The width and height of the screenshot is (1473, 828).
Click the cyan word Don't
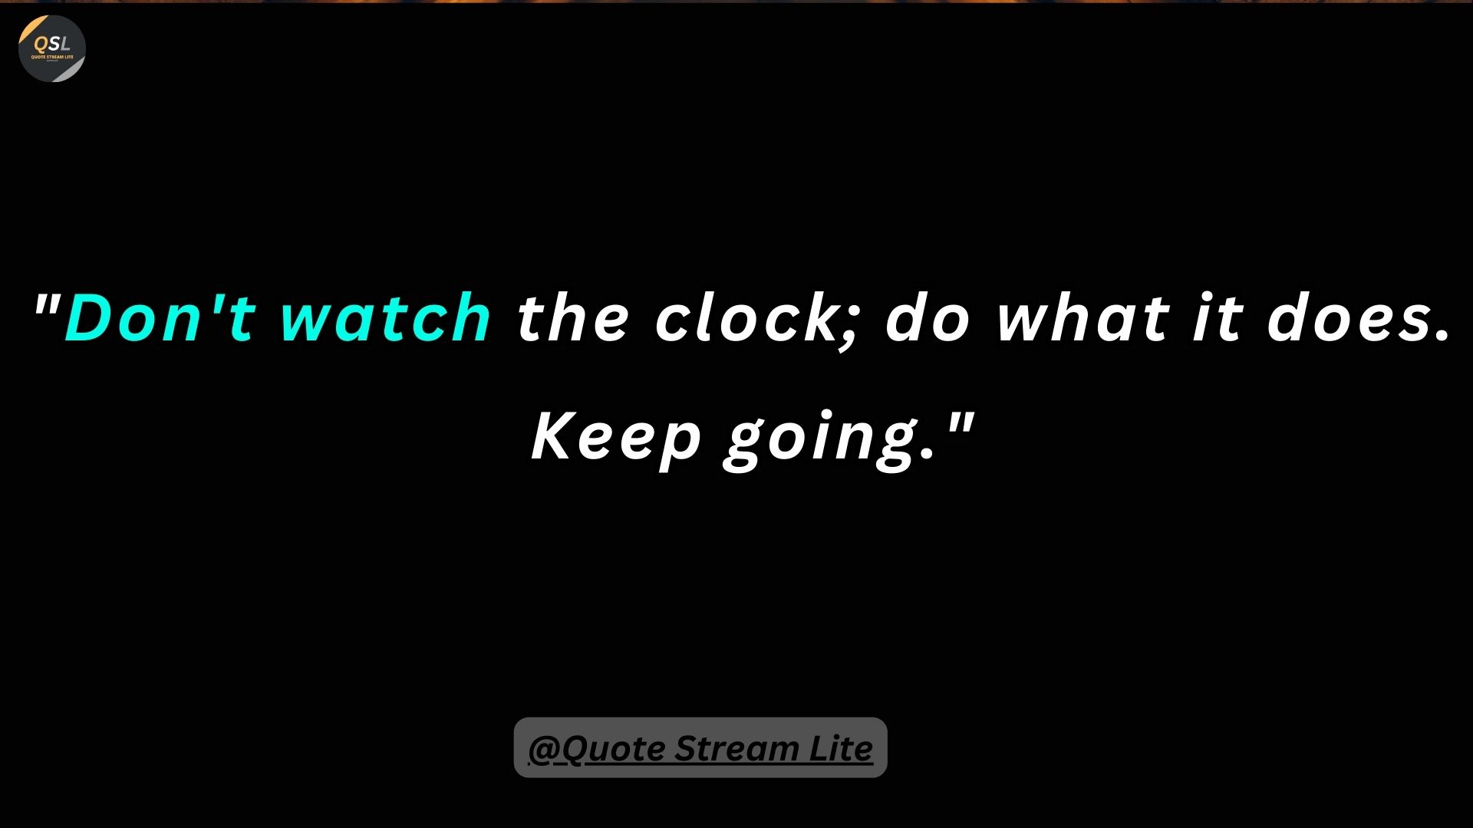[x=160, y=316]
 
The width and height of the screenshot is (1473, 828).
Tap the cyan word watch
[x=386, y=316]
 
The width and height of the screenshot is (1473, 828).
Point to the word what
[x=1083, y=317]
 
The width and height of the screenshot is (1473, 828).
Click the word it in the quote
[x=1218, y=317]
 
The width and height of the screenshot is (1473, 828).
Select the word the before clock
[x=573, y=317]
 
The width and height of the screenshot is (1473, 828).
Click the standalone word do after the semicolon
[x=927, y=317]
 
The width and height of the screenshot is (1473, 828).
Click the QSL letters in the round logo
[x=52, y=44]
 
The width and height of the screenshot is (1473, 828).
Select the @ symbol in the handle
[x=541, y=749]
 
